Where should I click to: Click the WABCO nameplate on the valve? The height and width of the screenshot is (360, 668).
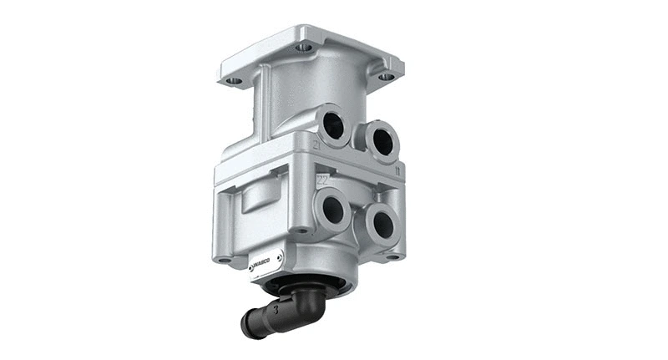pos(266,261)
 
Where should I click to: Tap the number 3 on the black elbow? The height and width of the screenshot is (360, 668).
pos(273,311)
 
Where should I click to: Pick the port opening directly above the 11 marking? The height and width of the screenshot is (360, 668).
pos(380,141)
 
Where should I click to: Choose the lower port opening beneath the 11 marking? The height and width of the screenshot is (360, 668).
pos(382,224)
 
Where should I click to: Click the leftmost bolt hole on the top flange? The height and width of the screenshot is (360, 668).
pos(235,82)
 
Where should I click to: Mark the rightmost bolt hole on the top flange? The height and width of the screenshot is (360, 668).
pos(386,77)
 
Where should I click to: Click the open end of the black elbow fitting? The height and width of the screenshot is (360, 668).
pos(247,327)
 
